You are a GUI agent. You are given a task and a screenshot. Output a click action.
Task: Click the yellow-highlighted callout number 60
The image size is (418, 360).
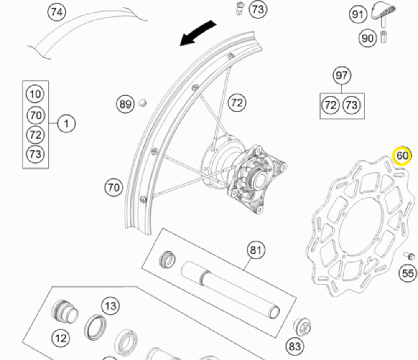click(402, 156)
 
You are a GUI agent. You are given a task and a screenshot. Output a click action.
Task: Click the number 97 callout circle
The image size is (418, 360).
click(342, 76)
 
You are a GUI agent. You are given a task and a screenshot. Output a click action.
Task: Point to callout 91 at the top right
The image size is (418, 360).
click(357, 15)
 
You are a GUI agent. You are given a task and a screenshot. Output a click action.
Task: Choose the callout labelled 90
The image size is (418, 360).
click(367, 38)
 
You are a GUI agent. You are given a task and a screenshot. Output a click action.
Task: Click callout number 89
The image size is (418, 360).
click(125, 104)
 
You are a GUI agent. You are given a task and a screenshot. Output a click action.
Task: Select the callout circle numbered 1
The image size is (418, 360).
click(66, 124)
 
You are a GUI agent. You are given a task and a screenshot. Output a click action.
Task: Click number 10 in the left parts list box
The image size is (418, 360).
click(36, 94)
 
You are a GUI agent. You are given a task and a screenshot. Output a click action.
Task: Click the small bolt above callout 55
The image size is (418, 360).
click(410, 256)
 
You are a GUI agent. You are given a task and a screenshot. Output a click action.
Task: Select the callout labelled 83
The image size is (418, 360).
click(294, 346)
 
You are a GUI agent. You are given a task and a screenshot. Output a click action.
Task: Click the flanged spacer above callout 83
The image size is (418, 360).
click(302, 326)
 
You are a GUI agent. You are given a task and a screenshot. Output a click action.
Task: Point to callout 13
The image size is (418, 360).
click(110, 306)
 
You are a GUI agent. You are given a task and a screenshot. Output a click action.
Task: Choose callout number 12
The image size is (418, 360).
click(61, 337)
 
